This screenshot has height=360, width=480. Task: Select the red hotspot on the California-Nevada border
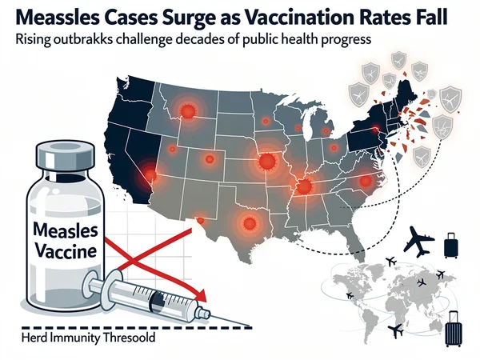(x=150, y=171)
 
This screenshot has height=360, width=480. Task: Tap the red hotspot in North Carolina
(x=366, y=182)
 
